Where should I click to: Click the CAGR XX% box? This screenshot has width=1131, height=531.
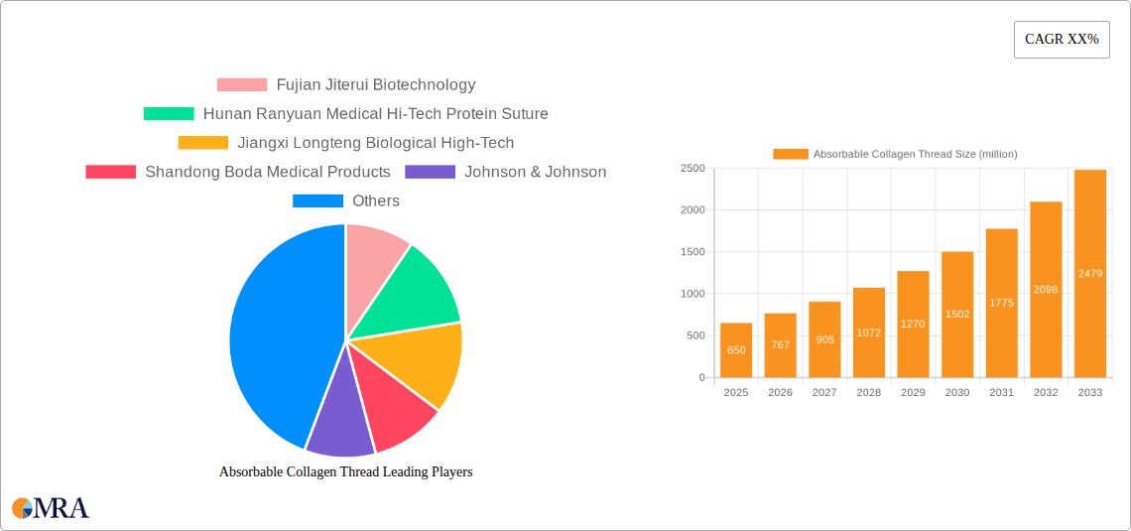pyautogui.click(x=1062, y=40)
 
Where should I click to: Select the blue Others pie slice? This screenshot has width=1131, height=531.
pyautogui.click(x=278, y=328)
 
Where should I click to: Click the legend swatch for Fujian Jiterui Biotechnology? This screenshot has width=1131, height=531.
pyautogui.click(x=242, y=85)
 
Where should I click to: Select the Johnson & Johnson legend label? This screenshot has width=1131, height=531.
pyautogui.click(x=535, y=172)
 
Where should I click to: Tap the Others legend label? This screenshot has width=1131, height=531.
pyautogui.click(x=376, y=200)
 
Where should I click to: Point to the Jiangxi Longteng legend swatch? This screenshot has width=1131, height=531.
pyautogui.click(x=202, y=143)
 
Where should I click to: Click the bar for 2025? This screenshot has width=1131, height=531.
pyautogui.click(x=736, y=350)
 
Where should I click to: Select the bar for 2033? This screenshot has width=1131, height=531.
pyautogui.click(x=1090, y=274)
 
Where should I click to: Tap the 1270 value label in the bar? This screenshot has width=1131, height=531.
pyautogui.click(x=913, y=324)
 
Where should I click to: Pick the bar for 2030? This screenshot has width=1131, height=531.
pyautogui.click(x=957, y=315)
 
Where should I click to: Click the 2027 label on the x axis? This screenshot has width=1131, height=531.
pyautogui.click(x=824, y=393)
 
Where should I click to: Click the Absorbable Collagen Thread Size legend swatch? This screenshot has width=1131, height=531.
pyautogui.click(x=791, y=154)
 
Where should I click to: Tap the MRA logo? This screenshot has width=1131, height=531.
pyautogui.click(x=51, y=508)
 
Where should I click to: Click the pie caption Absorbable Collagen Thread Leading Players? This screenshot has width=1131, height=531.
pyautogui.click(x=345, y=472)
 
